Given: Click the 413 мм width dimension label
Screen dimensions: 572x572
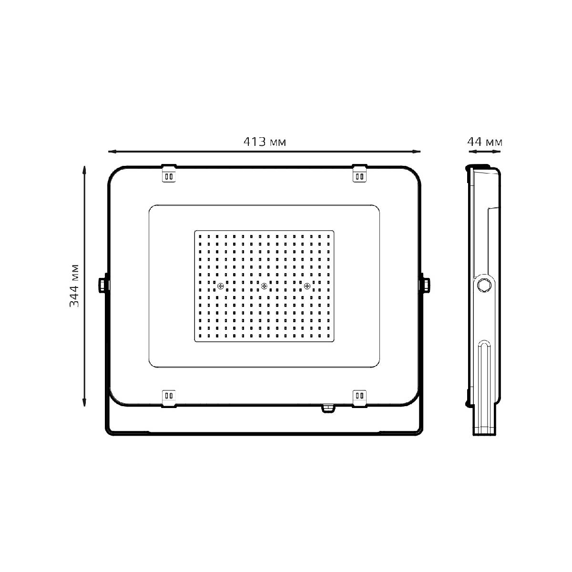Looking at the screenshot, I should point(265,142).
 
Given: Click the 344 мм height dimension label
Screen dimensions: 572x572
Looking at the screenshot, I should point(74,285).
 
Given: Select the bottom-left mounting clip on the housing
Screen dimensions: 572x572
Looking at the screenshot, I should point(169,397).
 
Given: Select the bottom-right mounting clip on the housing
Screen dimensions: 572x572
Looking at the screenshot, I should point(359,397).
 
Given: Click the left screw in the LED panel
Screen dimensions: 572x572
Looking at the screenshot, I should point(220,286).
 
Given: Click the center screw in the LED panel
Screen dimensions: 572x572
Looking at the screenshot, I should point(264,286).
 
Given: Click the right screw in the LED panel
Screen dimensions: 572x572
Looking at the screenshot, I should point(307,286).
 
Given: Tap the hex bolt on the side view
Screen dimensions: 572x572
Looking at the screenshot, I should point(484,286).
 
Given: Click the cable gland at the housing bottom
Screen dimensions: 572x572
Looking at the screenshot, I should point(327,409).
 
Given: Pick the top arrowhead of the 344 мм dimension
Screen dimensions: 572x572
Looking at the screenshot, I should point(84,169).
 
